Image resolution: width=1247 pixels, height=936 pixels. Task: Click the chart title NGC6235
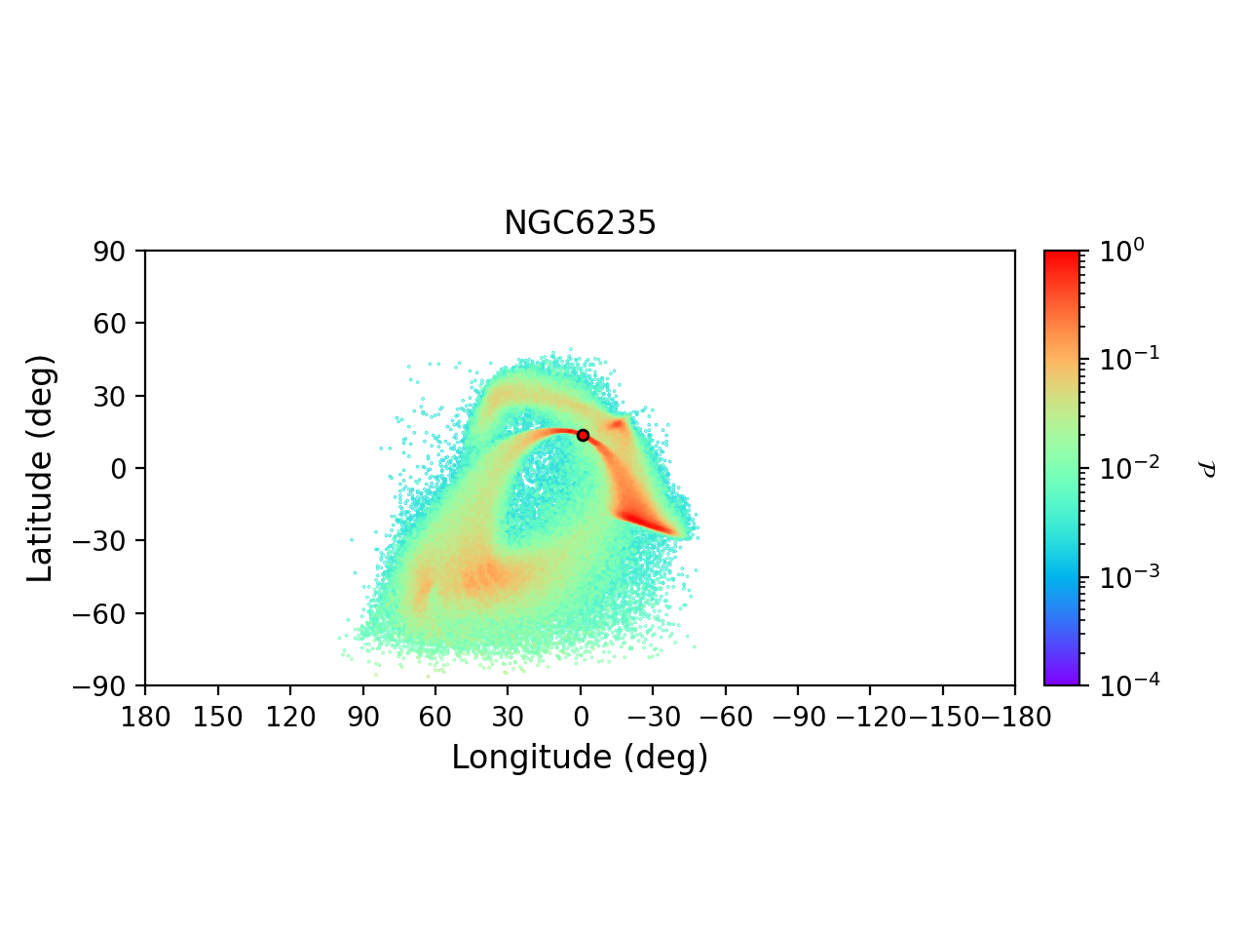pyautogui.click(x=580, y=223)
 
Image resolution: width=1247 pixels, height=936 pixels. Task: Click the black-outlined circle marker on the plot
pyautogui.click(x=583, y=435)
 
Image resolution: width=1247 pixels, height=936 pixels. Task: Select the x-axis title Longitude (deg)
pyautogui.click(x=580, y=758)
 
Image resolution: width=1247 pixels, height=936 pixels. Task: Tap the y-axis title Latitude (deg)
pyautogui.click(x=40, y=468)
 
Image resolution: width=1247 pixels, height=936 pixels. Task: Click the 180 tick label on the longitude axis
pyautogui.click(x=146, y=719)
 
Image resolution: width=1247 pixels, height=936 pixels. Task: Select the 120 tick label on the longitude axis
pyautogui.click(x=290, y=719)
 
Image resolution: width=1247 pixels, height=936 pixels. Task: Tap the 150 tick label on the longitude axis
pyautogui.click(x=218, y=719)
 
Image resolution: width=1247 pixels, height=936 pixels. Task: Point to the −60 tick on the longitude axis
pyautogui.click(x=726, y=719)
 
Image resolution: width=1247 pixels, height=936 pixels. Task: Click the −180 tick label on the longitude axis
pyautogui.click(x=1013, y=719)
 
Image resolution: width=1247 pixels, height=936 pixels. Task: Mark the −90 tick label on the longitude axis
pyautogui.click(x=798, y=719)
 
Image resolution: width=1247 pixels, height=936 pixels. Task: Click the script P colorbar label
pyautogui.click(x=1207, y=469)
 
